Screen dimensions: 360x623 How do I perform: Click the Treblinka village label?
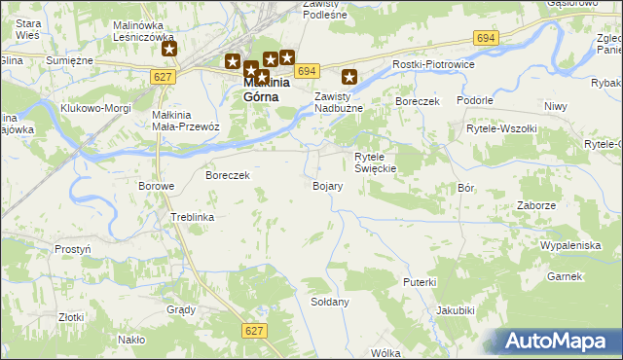point(192,217)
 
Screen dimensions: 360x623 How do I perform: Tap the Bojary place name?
point(327,185)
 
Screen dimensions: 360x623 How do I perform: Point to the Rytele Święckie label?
point(375,162)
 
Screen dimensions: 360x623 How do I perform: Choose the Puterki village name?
point(420,281)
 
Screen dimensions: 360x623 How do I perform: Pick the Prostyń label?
point(73,249)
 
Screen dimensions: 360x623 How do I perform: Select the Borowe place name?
point(156,186)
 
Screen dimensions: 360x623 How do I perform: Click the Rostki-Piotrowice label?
point(430,63)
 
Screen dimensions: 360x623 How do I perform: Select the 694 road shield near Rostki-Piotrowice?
point(487,37)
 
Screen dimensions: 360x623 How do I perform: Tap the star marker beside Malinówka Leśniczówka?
point(169,49)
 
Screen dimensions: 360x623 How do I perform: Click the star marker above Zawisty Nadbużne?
point(349,76)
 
